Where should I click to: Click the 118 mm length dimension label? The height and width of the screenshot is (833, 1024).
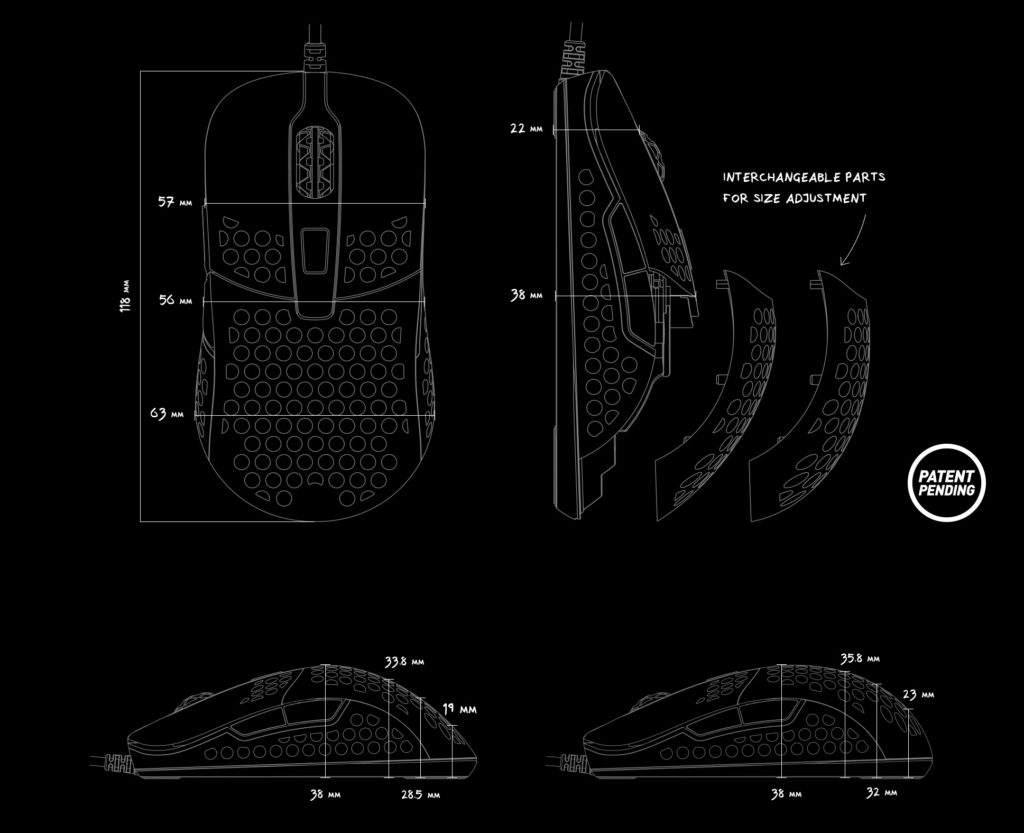pyautogui.click(x=126, y=296)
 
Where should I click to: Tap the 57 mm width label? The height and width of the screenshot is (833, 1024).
pyautogui.click(x=175, y=202)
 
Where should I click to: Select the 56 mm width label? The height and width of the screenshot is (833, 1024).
pyautogui.click(x=176, y=300)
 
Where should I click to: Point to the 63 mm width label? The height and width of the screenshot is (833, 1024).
pyautogui.click(x=167, y=414)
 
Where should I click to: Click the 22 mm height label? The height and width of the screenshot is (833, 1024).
pyautogui.click(x=526, y=129)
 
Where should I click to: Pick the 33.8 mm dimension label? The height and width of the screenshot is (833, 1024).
pyautogui.click(x=404, y=662)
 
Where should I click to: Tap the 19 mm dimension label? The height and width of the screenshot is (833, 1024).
pyautogui.click(x=459, y=709)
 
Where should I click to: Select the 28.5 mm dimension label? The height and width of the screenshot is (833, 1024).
pyautogui.click(x=420, y=794)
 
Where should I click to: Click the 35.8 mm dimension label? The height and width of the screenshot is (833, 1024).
pyautogui.click(x=859, y=659)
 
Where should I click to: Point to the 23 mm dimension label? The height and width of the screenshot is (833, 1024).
pyautogui.click(x=918, y=695)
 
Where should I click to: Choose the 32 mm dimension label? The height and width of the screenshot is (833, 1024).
pyautogui.click(x=882, y=793)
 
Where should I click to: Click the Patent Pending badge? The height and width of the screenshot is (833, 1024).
pyautogui.click(x=946, y=483)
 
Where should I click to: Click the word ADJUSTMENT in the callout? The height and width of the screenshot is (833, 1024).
pyautogui.click(x=826, y=198)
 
